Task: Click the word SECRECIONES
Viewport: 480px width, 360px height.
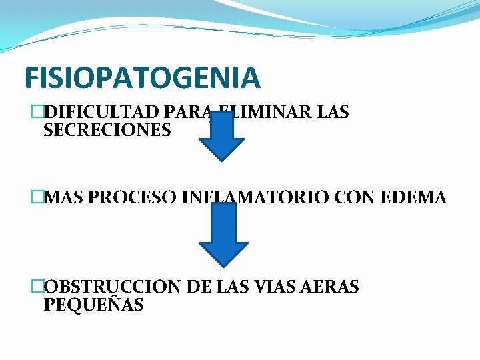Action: coord(107,130)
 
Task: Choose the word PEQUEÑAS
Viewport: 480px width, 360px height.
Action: coord(93,305)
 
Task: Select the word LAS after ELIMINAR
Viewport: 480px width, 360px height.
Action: coord(333,112)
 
